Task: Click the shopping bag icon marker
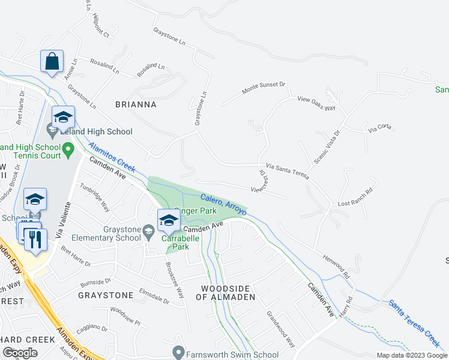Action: (x=52, y=61)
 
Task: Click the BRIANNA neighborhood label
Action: (x=136, y=104)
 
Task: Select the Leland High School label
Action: (x=98, y=131)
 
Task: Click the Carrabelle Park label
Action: (x=176, y=242)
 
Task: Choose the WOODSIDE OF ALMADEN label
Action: (x=228, y=293)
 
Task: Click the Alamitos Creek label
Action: (x=112, y=155)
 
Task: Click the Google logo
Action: (x=20, y=353)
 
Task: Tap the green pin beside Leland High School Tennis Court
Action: (x=68, y=148)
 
